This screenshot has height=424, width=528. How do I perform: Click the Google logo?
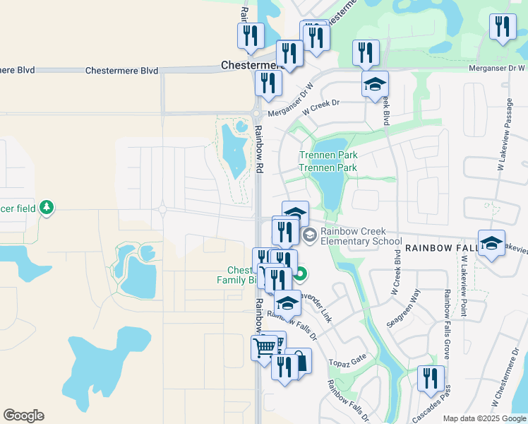[23, 416]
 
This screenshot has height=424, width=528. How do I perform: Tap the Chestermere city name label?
[251, 64]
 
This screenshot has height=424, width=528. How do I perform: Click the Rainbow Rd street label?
[259, 150]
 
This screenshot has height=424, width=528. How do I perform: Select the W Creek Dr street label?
[320, 107]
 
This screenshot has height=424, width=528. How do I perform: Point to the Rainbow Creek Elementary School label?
[361, 236]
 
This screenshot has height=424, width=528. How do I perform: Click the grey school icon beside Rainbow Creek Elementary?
[308, 234]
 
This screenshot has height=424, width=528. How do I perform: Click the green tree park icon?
[47, 207]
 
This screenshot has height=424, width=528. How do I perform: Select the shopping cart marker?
[264, 347]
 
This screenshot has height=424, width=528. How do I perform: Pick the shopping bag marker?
[299, 361]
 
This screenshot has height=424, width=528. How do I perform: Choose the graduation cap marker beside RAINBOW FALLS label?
[491, 243]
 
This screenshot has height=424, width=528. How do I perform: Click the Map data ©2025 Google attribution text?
[484, 418]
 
